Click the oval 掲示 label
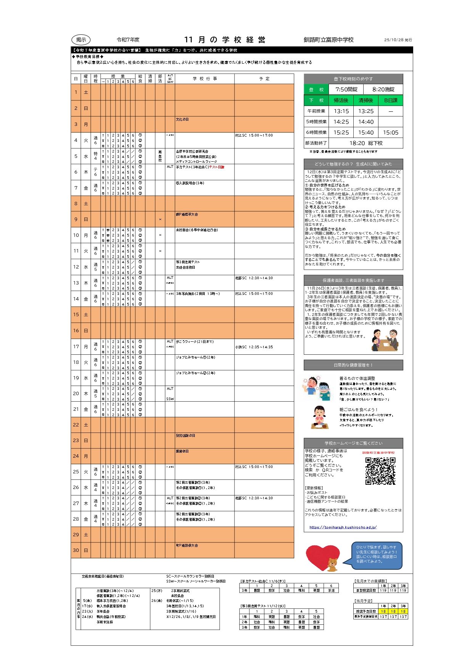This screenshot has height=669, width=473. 81,40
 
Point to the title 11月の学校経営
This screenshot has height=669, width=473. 224,40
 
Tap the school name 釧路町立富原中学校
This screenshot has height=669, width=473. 329,40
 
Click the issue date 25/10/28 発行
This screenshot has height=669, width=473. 398,40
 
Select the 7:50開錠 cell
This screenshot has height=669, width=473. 346,90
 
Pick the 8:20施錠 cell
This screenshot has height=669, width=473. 383,90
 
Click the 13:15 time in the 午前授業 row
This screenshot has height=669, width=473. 341,111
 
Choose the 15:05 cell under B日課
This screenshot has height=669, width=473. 391,133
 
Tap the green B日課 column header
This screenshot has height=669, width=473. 391,100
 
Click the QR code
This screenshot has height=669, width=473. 380,471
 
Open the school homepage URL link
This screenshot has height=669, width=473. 343,527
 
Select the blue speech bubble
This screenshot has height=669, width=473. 377,554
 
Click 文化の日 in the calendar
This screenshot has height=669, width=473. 182,120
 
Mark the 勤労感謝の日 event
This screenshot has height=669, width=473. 185,436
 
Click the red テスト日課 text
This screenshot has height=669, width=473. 216,167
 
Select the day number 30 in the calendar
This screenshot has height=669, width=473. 76,550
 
